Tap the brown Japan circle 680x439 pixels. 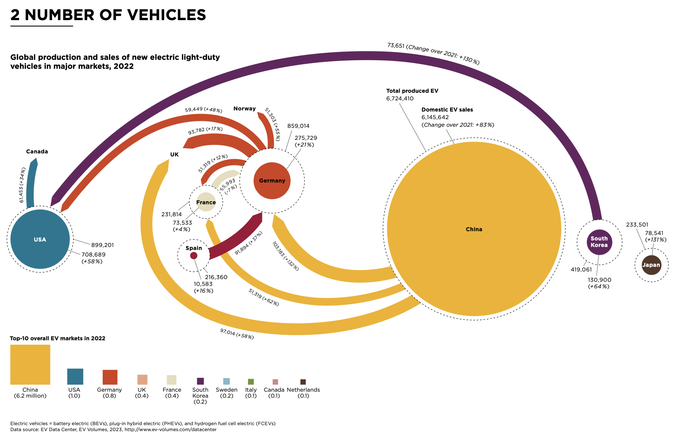pos(651,265)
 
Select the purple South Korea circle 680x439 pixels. pos(599,242)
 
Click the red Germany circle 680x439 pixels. pos(272,181)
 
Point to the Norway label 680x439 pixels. pos(244,109)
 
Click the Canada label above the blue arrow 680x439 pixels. pos(37,151)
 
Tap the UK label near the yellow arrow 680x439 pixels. pos(174,154)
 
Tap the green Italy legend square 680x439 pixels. pos(251,382)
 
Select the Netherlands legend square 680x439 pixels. pos(303,382)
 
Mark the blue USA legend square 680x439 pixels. pos(75,377)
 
